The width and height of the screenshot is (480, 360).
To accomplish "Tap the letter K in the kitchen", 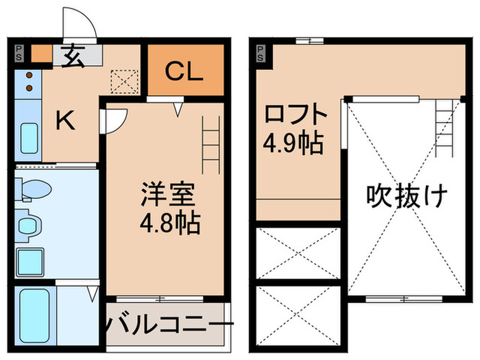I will tap(66, 121).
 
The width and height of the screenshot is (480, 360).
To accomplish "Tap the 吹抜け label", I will tap(406, 197).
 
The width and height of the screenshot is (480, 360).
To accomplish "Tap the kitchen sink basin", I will tap(29, 139).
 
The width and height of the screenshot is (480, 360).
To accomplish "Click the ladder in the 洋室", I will tap(211, 144).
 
